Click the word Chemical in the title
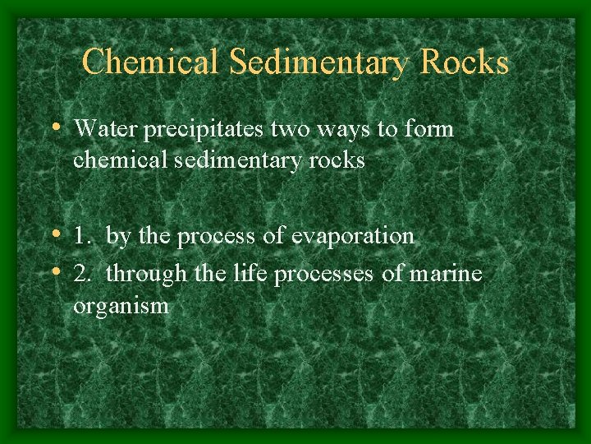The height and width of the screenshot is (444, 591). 149,62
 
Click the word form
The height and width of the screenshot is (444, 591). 428,129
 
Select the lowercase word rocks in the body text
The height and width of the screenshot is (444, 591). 335,160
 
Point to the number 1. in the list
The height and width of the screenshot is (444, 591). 83,237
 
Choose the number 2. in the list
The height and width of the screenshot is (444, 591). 84,274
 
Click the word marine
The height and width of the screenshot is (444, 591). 444,273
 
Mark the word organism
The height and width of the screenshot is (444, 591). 121,307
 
